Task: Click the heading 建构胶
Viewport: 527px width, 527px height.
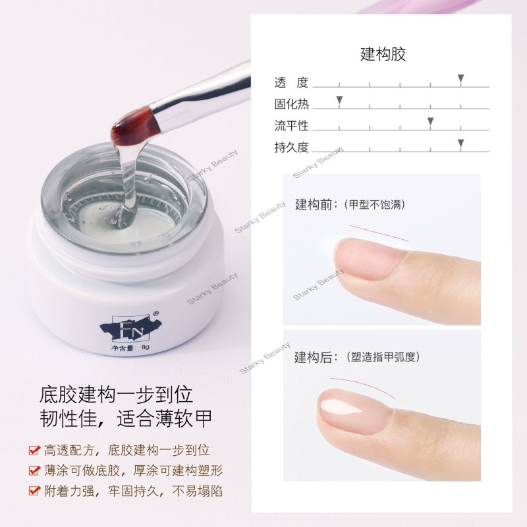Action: point(383,54)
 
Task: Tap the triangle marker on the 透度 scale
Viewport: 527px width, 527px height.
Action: point(460,78)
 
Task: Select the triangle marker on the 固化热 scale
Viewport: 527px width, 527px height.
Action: point(339,100)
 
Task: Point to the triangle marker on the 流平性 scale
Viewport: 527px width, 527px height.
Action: point(430,121)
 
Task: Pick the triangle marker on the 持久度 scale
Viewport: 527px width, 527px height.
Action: point(460,143)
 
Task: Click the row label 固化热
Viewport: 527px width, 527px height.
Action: point(291,104)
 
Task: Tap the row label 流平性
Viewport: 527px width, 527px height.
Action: point(291,126)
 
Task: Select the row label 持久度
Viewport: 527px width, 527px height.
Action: point(291,147)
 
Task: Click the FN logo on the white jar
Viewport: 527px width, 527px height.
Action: point(130,327)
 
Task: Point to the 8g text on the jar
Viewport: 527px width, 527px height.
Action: point(145,347)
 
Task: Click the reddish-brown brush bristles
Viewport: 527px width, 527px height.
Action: point(134,128)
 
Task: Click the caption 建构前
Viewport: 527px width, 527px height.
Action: point(314,204)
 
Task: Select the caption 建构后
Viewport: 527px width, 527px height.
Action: point(314,357)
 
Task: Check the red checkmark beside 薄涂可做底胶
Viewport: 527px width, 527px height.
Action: point(35,470)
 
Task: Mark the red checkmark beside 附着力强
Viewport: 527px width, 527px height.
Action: point(35,490)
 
